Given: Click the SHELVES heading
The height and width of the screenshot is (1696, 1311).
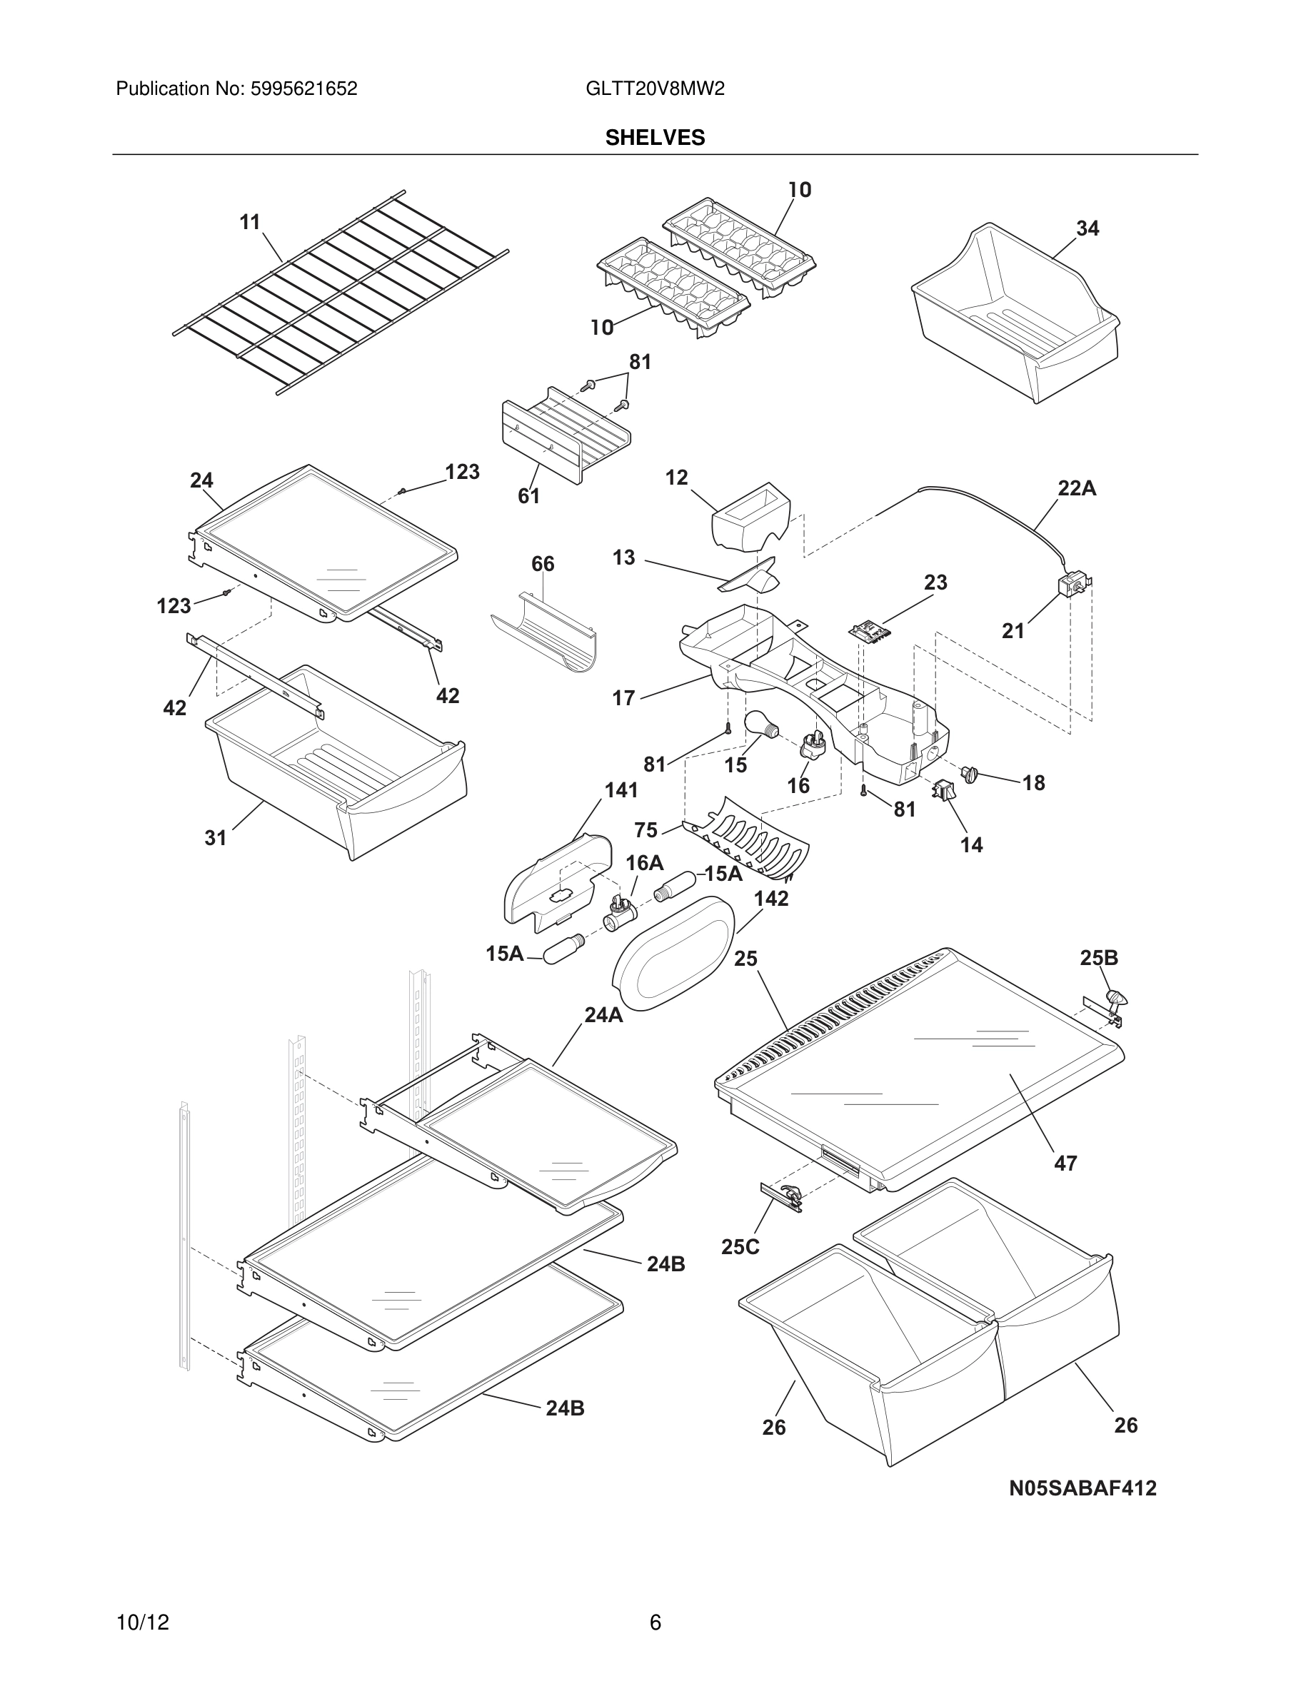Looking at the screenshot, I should tap(655, 138).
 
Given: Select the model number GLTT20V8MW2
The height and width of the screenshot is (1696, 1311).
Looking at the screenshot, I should tap(655, 89).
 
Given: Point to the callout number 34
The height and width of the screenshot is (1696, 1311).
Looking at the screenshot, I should tap(1088, 228).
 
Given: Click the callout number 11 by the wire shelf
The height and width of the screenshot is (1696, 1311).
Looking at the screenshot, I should tap(249, 222).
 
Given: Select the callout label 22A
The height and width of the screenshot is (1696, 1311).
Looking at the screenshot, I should tap(1077, 488).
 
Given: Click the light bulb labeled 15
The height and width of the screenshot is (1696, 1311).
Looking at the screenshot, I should tap(761, 725).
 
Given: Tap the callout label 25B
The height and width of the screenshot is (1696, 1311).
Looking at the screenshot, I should tap(1099, 958).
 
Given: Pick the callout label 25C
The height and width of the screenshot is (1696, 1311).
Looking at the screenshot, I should tap(740, 1246).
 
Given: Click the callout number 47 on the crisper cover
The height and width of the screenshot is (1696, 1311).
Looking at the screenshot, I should tap(1065, 1164).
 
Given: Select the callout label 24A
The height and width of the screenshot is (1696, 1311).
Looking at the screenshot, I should tap(603, 1015).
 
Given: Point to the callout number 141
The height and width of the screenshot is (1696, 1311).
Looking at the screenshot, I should tap(621, 790).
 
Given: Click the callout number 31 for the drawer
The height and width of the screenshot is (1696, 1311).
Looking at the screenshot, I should tap(215, 838).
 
